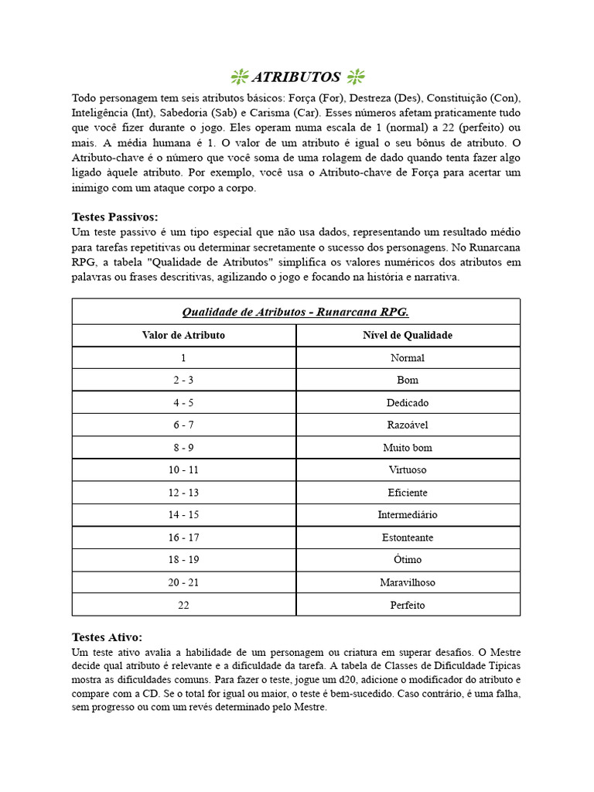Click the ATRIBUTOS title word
point(296,77)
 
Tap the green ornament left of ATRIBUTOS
point(239,76)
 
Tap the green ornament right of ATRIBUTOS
point(356,76)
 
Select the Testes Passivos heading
point(114,217)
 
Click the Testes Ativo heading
point(107,637)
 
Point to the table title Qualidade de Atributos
point(295,312)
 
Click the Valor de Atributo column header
point(183,335)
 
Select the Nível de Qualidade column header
point(408,335)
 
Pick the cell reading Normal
point(408,358)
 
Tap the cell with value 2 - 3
point(183,381)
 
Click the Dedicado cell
point(408,403)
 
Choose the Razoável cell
point(408,425)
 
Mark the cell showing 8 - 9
point(183,448)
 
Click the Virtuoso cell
point(408,470)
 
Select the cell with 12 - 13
point(183,493)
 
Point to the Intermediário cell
point(408,515)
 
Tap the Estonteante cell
point(408,538)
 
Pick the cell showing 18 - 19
point(183,560)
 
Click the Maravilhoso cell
point(408,582)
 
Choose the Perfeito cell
point(408,605)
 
